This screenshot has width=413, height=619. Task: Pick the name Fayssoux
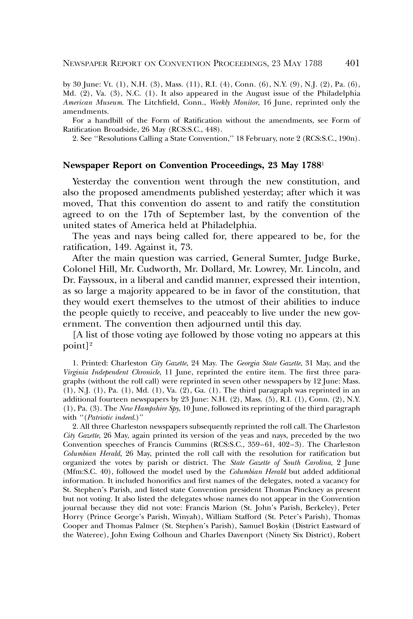pos(96,280)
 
